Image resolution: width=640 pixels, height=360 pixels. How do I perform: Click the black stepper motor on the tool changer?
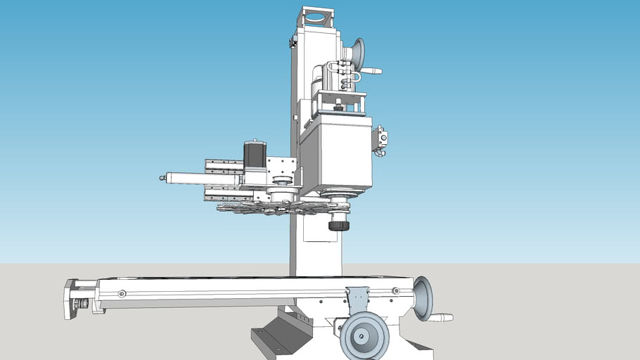coord(254,155)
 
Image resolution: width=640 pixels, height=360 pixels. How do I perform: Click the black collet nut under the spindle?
coord(339,225)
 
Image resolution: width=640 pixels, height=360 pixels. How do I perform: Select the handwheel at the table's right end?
coord(423,297)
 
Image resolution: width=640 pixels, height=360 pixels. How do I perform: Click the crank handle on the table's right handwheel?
coord(442,318)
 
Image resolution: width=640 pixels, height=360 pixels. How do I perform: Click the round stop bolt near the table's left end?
coord(122,293)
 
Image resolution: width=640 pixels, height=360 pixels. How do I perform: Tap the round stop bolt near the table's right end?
coord(395,290)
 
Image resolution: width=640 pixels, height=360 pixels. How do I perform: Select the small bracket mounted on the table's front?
coord(357,298)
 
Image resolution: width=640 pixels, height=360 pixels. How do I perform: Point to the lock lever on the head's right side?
coord(380,139)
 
